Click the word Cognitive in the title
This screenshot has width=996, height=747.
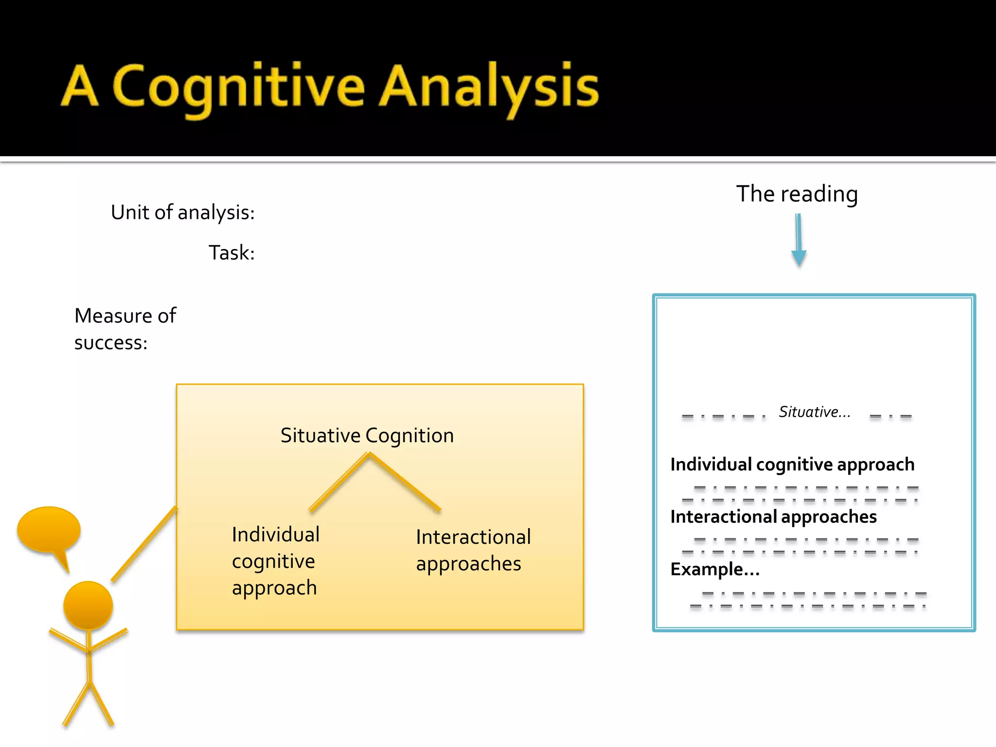click(x=238, y=88)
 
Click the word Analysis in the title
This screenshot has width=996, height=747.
click(x=488, y=88)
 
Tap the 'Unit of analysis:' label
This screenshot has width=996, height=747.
click(x=183, y=213)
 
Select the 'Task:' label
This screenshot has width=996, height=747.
click(x=231, y=253)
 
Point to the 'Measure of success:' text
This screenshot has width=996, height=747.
click(x=125, y=329)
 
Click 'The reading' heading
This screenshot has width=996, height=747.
click(x=797, y=194)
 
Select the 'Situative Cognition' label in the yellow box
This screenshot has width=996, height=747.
click(x=367, y=435)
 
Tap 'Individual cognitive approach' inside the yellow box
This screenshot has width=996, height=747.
click(x=275, y=561)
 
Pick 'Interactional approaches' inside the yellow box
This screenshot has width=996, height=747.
click(x=473, y=550)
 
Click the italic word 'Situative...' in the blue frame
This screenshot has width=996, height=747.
click(x=815, y=412)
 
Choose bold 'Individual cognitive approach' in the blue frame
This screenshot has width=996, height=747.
click(x=792, y=464)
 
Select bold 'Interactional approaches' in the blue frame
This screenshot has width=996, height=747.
click(x=773, y=516)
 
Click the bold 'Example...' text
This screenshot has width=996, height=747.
click(x=715, y=569)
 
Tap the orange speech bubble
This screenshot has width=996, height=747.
click(x=49, y=531)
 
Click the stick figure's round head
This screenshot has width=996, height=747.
click(x=88, y=605)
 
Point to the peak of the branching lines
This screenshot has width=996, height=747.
click(x=369, y=454)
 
